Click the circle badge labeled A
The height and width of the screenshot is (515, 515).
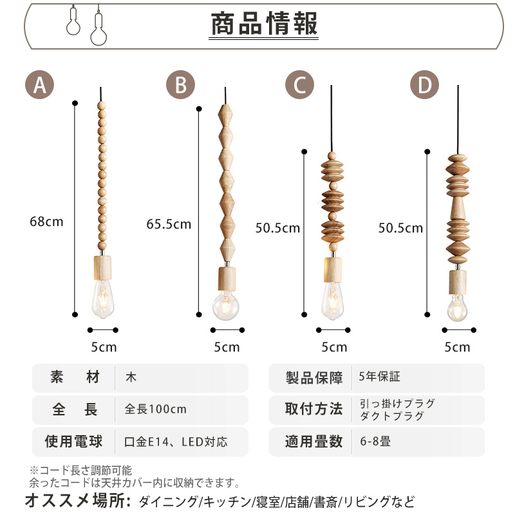tap(39, 85)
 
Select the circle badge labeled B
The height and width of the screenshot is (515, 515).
tap(180, 85)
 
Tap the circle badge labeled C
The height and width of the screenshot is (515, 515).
tap(299, 85)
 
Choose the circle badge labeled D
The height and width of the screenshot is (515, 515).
tap(424, 85)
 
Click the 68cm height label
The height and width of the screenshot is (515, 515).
tap(46, 221)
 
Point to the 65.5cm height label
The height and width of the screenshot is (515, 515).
tap(169, 224)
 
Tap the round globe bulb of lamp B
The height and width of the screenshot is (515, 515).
tap(227, 305)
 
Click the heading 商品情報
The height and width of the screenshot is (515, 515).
tap(264, 24)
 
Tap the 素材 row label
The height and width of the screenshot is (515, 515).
tap(75, 378)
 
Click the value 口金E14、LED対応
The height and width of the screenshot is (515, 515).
tap(175, 442)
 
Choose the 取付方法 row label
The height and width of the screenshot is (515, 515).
tap(314, 409)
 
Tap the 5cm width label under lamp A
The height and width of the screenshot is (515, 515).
tap(103, 347)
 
